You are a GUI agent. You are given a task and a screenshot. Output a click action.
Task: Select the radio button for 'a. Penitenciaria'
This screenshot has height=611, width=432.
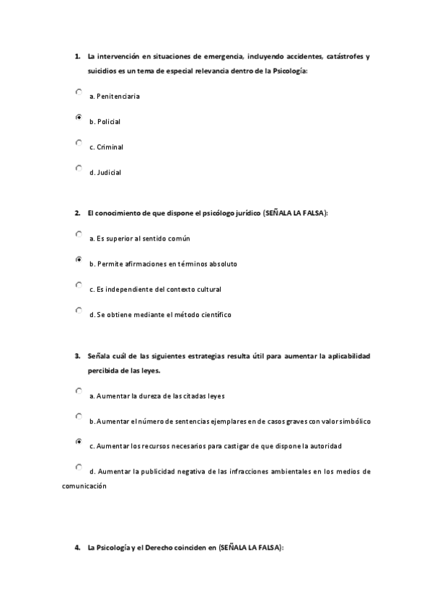79,92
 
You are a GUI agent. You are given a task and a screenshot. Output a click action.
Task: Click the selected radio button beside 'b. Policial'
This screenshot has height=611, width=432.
79,117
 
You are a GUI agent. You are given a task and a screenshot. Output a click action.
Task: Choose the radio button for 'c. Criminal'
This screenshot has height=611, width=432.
79,143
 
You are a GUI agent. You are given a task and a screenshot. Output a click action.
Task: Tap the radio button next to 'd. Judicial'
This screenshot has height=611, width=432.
79,169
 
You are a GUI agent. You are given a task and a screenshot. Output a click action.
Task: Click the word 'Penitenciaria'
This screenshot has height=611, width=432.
118,97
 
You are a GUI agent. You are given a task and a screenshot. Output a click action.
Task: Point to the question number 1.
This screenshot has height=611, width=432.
76,56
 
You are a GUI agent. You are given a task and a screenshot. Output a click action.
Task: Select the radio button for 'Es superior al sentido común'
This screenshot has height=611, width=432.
79,234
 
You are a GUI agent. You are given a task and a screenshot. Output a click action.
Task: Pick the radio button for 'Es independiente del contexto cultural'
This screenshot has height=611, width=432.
79,285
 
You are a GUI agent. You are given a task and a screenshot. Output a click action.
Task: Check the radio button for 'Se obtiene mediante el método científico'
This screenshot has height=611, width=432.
79,311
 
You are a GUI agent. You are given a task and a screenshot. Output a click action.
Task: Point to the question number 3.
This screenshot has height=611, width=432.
76,356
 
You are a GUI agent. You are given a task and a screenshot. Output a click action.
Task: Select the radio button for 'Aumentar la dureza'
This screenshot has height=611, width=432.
79,391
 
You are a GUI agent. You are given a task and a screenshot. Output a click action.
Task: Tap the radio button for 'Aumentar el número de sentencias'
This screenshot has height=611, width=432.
79,416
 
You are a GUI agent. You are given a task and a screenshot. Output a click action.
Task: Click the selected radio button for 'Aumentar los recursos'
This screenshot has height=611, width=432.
79,442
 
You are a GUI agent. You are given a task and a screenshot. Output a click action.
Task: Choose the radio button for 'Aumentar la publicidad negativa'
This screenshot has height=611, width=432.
79,467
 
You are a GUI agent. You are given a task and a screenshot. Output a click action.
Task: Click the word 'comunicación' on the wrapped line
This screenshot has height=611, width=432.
84,486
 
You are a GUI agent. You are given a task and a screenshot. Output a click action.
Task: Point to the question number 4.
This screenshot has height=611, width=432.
76,548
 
